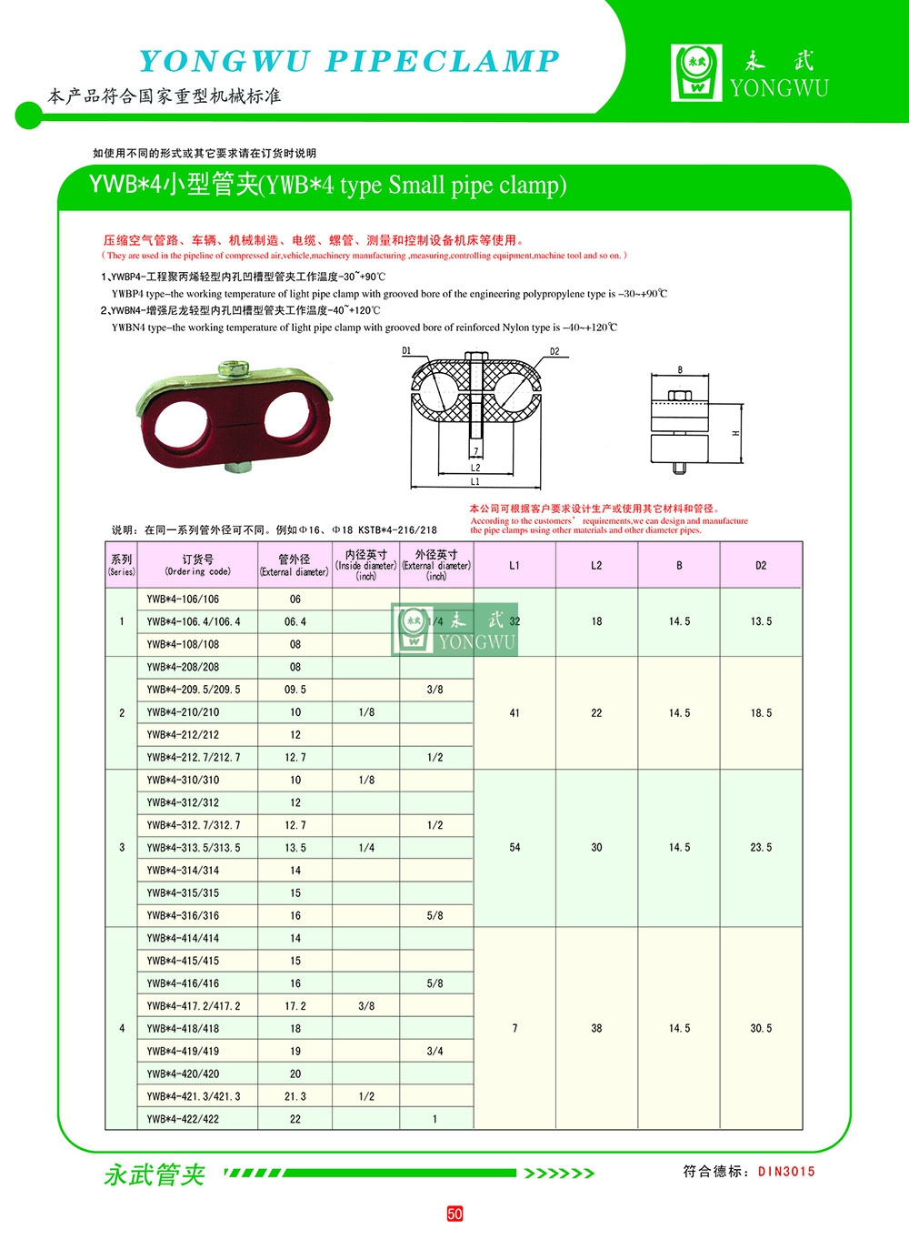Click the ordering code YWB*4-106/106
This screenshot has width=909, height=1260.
(x=183, y=600)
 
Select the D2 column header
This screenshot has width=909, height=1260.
(x=761, y=566)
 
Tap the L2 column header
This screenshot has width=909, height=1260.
(x=596, y=566)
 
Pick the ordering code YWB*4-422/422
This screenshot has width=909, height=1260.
(x=183, y=1119)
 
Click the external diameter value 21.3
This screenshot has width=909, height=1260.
(x=295, y=1096)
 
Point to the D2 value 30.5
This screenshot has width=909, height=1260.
(x=761, y=1028)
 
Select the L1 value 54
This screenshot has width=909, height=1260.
(x=514, y=848)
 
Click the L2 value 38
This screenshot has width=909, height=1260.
(x=596, y=1028)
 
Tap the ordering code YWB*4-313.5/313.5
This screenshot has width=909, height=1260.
(x=194, y=848)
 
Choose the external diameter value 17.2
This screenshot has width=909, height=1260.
(x=295, y=1006)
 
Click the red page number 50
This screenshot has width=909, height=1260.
(x=454, y=1214)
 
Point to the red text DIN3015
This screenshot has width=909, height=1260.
(x=786, y=1172)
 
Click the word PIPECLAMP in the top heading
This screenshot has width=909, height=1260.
(x=442, y=61)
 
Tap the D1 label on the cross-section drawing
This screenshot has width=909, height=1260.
(x=406, y=350)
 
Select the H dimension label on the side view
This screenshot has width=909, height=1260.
(x=735, y=433)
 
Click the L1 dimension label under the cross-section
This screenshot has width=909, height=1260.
(x=474, y=481)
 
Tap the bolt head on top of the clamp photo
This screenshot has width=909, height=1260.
(x=227, y=368)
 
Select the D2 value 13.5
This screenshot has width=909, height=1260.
(x=761, y=621)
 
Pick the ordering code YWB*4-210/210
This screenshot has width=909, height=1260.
(x=183, y=712)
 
